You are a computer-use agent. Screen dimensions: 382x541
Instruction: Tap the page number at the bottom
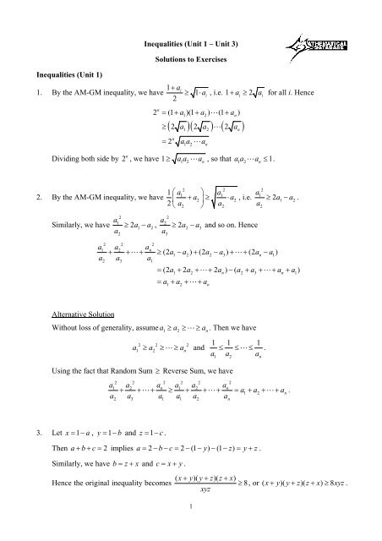tap(190, 529)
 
